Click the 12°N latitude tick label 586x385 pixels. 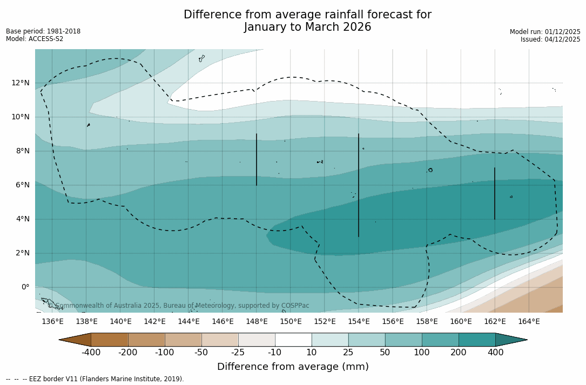21,83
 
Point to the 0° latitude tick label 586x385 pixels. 24,287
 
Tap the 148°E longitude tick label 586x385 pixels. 257,322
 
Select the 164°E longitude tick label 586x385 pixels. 529,322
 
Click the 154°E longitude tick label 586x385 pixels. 359,322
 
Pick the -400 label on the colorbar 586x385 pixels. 91,353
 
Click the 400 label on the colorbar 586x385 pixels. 495,353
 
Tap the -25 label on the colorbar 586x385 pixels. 238,353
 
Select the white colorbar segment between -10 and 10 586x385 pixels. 293,340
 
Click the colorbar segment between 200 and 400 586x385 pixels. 477,340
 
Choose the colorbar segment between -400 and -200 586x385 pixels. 109,340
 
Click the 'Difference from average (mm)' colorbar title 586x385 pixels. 293,367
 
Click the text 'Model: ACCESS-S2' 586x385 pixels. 35,39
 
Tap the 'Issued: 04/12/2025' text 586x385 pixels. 550,39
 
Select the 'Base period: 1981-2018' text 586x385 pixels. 43,31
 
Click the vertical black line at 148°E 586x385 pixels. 257,159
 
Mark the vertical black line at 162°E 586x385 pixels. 495,193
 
